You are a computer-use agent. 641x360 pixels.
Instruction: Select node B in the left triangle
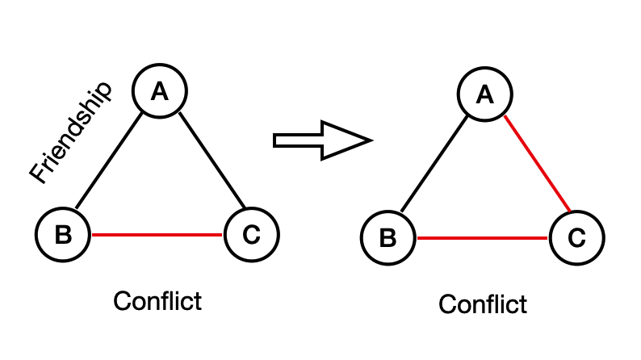[x=63, y=234]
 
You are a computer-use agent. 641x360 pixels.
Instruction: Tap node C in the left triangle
[x=251, y=234]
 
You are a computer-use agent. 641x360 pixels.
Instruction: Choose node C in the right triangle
[x=576, y=238]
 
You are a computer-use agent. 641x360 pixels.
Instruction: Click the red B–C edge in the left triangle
[x=157, y=235]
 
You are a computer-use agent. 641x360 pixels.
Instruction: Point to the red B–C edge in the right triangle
[x=482, y=238]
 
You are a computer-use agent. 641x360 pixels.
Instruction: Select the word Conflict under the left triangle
[x=157, y=301]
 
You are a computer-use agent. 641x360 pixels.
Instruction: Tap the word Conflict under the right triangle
[x=483, y=304]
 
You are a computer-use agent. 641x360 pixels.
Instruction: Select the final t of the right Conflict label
[x=522, y=304]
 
